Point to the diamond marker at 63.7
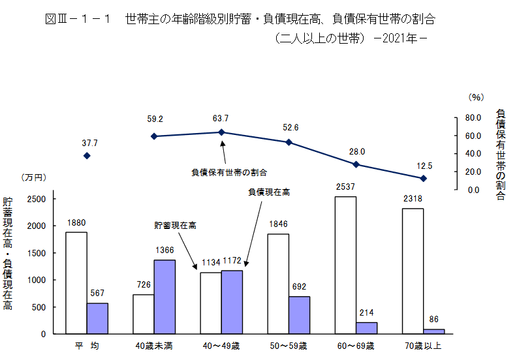click(x=221, y=132)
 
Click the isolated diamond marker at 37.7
click(x=87, y=156)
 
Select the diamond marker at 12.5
click(x=424, y=178)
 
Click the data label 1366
click(x=164, y=250)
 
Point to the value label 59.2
click(x=155, y=119)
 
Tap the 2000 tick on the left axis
click(x=37, y=226)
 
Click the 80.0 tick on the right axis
click(x=473, y=117)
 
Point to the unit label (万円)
click(x=33, y=177)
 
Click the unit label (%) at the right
click(x=475, y=97)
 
